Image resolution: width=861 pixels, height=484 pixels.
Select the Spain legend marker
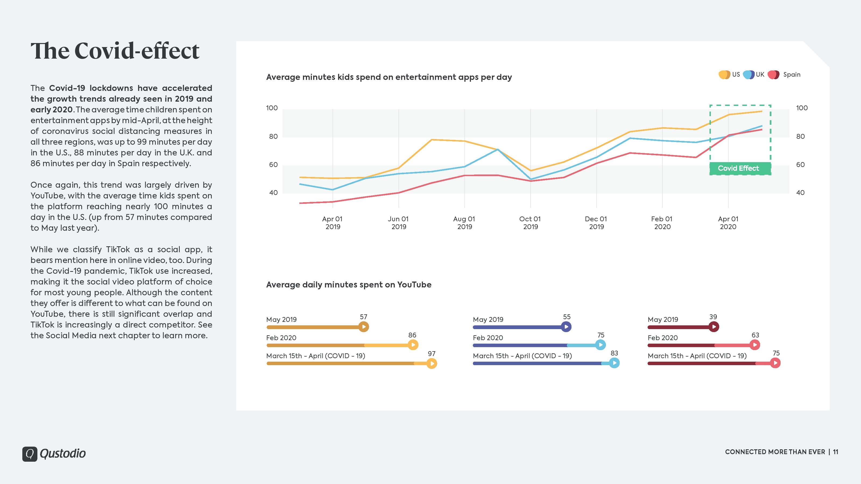coord(774,74)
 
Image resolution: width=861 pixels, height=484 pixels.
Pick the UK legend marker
coord(749,74)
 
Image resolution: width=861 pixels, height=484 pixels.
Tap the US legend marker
coord(724,74)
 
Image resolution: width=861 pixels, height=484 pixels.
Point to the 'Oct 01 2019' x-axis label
coord(530,223)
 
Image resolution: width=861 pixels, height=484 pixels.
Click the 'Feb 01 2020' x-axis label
coord(662,223)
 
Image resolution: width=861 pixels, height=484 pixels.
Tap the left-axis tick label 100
coord(272,108)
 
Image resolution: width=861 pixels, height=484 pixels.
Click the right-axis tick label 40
coord(800,193)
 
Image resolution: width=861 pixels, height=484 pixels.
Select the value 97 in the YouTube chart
coord(432,353)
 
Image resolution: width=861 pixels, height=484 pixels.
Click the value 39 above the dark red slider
coord(713,317)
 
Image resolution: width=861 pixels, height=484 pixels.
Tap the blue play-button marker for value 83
coord(614,363)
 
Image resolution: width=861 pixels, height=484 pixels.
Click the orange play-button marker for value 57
coord(364,327)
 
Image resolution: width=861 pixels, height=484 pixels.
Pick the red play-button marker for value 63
coord(755,345)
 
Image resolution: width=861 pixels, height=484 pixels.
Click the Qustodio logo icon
coord(30,454)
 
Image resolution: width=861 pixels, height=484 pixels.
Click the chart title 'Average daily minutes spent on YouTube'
coord(349,284)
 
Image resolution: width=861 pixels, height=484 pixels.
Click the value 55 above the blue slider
coord(567,317)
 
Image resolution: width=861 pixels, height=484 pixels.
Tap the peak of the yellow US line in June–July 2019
coord(432,140)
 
